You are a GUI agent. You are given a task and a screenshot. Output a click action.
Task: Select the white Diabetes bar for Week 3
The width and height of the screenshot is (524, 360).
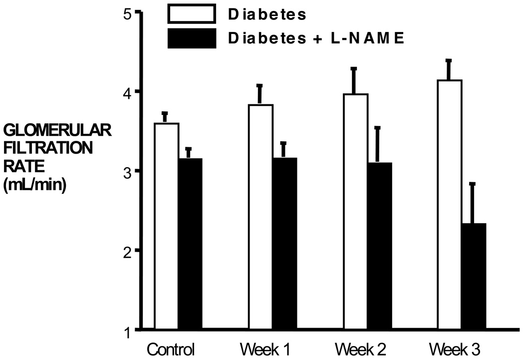450,205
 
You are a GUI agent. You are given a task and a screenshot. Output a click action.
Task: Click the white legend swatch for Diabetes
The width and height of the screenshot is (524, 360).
192,14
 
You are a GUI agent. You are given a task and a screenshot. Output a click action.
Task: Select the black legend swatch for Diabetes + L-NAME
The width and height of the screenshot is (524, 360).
192,38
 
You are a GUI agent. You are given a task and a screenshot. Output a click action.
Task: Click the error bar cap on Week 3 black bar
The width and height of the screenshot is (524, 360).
473,184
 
